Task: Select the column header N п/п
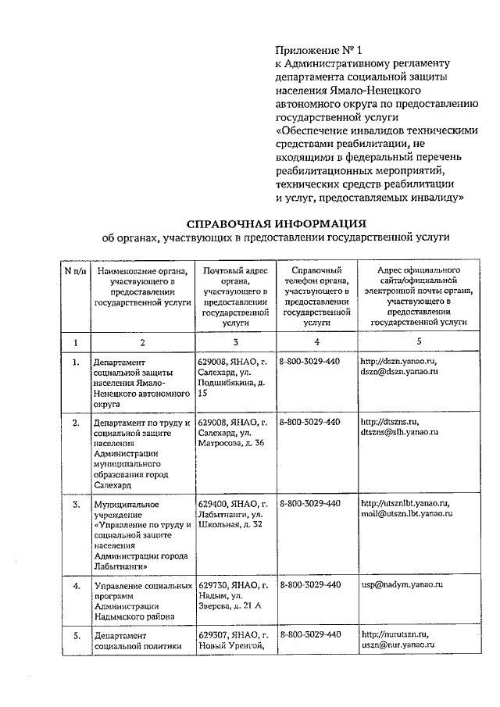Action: [76, 271]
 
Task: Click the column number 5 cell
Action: [418, 341]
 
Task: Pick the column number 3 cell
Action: [234, 341]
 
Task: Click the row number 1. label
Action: [76, 362]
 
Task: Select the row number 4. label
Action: [76, 585]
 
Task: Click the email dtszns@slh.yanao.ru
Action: [400, 432]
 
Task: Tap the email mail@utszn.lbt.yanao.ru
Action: [406, 513]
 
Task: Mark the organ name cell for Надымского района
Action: [141, 600]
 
